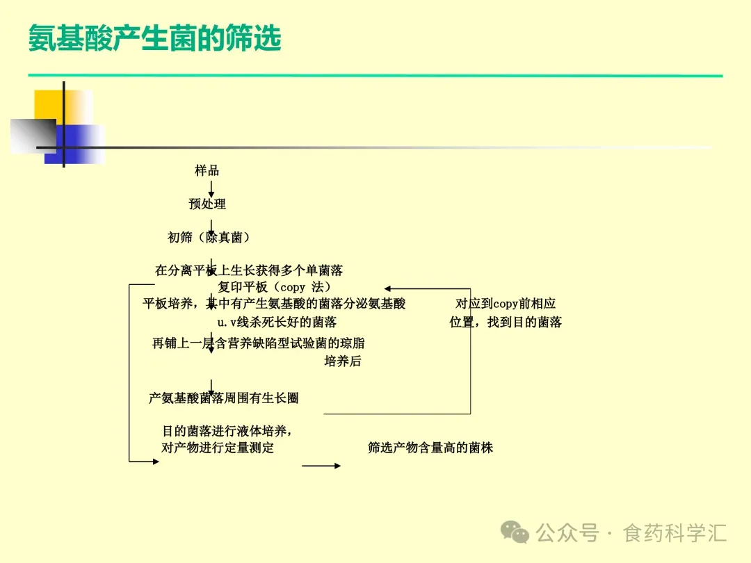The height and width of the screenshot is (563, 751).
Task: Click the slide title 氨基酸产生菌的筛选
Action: (x=154, y=39)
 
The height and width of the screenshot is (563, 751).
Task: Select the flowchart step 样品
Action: (x=207, y=171)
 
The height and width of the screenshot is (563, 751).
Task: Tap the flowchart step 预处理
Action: (x=207, y=204)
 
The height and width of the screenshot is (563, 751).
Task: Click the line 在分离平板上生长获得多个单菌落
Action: (x=249, y=270)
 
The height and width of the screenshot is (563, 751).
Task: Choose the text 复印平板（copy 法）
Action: (x=274, y=287)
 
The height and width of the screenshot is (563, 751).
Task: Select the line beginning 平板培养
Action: (x=274, y=304)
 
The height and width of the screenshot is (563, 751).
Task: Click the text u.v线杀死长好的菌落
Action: (x=277, y=323)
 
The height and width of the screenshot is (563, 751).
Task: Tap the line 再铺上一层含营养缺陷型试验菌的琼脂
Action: (x=259, y=343)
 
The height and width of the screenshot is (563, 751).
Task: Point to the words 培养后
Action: (x=343, y=361)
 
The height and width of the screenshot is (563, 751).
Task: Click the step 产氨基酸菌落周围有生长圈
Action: (x=224, y=398)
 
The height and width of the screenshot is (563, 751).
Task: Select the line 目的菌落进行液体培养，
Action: (x=227, y=431)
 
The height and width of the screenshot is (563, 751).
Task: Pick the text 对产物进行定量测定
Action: (x=218, y=448)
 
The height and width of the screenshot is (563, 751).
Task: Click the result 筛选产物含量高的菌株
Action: (x=430, y=448)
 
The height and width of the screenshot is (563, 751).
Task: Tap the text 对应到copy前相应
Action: (x=506, y=304)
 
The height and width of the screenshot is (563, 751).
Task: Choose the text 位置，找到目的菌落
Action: (x=506, y=323)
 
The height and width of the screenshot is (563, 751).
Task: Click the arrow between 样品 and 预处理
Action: (x=211, y=188)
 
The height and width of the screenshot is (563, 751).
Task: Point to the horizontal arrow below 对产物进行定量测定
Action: (x=321, y=466)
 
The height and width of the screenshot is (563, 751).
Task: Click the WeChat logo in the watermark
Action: (x=516, y=533)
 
